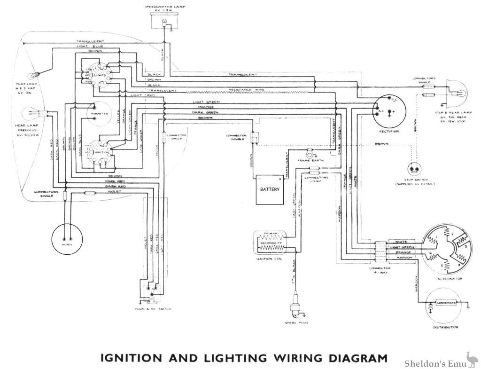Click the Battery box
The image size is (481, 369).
[270, 190]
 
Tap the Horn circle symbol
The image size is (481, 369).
[67, 238]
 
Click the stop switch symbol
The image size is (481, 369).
[414, 170]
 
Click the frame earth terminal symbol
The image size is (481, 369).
[310, 154]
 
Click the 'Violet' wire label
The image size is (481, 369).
[114, 192]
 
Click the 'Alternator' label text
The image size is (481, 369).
[450, 279]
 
